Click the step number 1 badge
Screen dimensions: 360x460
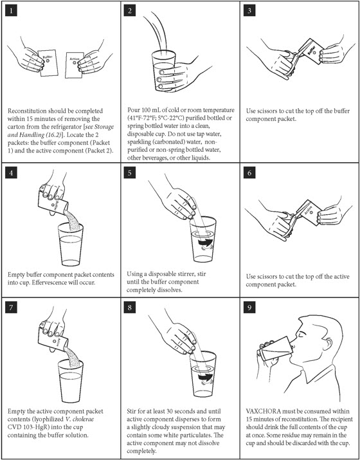(11, 11)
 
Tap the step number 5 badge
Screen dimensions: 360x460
(130, 173)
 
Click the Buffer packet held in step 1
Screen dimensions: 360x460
(48, 63)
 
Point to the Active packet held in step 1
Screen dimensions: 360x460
(74, 65)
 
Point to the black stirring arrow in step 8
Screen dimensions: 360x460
(204, 378)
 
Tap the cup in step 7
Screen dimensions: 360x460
(70, 381)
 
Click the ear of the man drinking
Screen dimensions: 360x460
(328, 343)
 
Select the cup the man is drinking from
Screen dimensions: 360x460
(275, 348)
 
